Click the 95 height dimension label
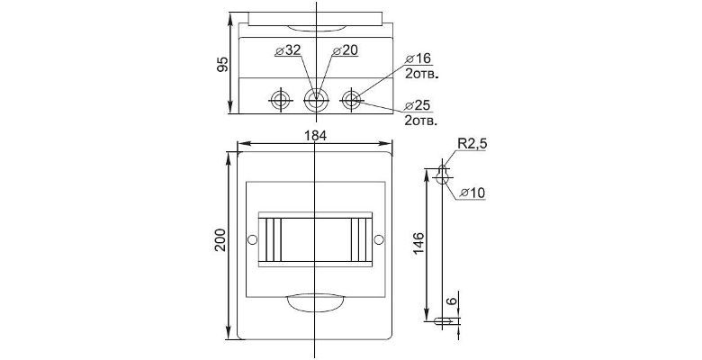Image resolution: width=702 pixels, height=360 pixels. pos(223,64)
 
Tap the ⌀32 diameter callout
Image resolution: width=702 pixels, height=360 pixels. pos(288,50)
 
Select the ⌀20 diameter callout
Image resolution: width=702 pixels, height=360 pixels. pos(346,50)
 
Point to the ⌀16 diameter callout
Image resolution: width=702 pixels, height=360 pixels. pos(418,58)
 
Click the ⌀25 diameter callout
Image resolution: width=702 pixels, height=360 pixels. pos(418,105)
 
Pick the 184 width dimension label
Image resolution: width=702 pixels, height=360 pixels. pos(316,136)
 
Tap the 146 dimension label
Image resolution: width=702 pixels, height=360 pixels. pos(418,244)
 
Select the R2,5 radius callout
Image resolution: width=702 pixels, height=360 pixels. pos(472,144)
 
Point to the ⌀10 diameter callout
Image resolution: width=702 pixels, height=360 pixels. pos(472,193)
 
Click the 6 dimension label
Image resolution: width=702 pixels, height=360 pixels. pos(453,301)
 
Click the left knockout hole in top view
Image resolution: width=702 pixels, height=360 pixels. pos(281,99)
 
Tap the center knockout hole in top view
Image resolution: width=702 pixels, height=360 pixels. pos(317,99)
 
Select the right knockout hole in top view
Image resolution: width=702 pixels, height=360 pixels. pos(352,99)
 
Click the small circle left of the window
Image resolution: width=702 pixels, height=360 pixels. pos(253,239)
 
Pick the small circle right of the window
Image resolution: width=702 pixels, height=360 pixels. pos(379,239)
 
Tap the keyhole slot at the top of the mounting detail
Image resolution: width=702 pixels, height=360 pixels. pos(442,175)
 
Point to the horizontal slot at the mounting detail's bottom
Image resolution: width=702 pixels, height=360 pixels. pos(446,320)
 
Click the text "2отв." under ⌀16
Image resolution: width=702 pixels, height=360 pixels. pos(421,74)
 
